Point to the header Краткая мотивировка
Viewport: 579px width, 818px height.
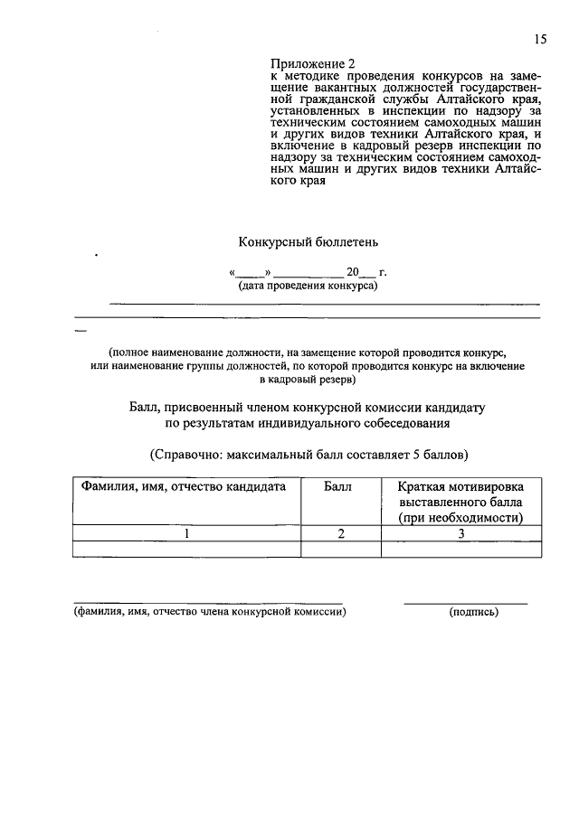point(460,486)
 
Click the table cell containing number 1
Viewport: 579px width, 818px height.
point(186,534)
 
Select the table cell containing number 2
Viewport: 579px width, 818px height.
point(341,534)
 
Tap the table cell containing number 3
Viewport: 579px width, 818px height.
point(460,534)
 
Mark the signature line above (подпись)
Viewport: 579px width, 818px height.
point(465,603)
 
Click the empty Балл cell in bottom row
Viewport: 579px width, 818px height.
point(341,549)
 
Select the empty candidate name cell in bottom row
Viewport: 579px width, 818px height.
point(186,549)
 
